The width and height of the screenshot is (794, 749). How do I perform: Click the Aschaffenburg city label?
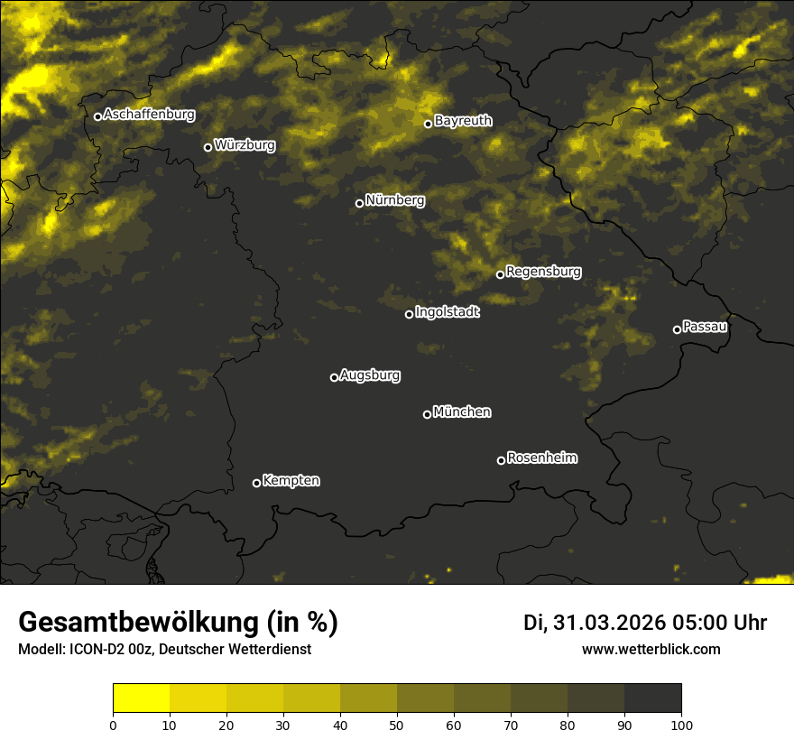coord(149,115)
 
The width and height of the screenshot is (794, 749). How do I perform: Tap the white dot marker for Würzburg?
coord(208,147)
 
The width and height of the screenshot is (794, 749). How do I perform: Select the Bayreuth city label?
coord(463,121)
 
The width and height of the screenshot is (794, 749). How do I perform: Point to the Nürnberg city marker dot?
coord(359,203)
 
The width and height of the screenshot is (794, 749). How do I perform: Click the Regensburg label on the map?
coord(543,272)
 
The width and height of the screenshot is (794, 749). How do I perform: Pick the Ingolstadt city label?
coord(448,312)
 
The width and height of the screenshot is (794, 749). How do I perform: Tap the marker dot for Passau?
coord(677,329)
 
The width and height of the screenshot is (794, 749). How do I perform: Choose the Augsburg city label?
coord(370,375)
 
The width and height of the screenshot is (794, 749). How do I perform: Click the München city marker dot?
coord(427,414)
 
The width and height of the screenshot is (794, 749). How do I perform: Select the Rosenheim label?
coord(541,458)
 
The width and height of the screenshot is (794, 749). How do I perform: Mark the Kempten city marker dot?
coord(256,483)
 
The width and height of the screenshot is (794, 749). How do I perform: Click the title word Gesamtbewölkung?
coord(139,623)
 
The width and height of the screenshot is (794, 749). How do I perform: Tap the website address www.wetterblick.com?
coord(651,650)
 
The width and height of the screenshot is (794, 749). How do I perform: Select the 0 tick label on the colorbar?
coord(113,725)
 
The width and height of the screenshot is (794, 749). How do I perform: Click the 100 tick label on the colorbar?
coord(681,725)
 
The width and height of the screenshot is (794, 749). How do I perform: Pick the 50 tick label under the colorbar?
coord(397,725)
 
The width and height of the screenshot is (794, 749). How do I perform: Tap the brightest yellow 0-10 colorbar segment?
coord(141,698)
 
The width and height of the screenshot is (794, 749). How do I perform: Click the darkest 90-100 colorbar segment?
coord(652,698)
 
